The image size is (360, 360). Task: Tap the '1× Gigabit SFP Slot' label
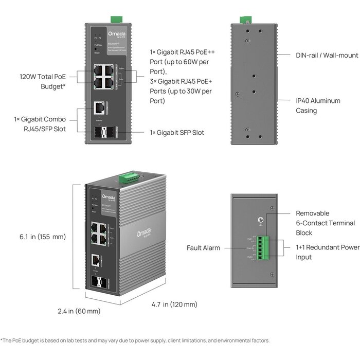coord(176,133)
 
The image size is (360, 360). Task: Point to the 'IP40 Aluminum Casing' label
coord(313,105)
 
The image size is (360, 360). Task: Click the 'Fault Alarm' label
coord(203,248)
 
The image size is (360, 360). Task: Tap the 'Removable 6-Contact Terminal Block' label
coord(325,223)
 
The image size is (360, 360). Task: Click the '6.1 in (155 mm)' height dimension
coord(43,237)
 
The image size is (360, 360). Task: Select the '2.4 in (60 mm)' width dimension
coord(79,311)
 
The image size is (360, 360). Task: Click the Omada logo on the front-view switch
coord(102,34)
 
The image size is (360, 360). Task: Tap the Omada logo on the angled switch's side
coord(145,233)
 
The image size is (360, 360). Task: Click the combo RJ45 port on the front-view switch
coord(99,108)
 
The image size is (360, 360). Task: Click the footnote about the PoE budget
coord(135,340)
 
